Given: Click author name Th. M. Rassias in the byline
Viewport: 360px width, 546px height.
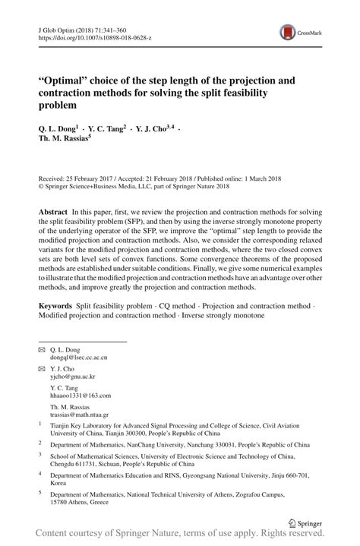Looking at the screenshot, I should point(63,140).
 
